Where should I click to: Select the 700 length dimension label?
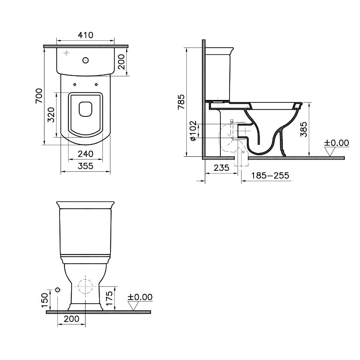[x=39, y=96]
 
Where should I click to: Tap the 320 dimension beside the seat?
[x=51, y=115]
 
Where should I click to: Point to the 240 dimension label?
[x=85, y=154]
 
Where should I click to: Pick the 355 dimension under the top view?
[x=85, y=166]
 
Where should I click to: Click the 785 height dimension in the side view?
[x=182, y=102]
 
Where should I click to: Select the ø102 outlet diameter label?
[x=193, y=131]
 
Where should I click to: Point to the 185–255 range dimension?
[x=271, y=176]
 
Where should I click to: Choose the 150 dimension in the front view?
[x=45, y=298]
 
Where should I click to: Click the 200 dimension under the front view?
[x=72, y=319]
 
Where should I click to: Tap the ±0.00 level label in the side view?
[x=336, y=143]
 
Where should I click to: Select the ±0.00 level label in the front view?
[x=140, y=297]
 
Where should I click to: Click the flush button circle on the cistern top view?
[x=85, y=60]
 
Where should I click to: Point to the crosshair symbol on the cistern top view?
[x=67, y=53]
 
